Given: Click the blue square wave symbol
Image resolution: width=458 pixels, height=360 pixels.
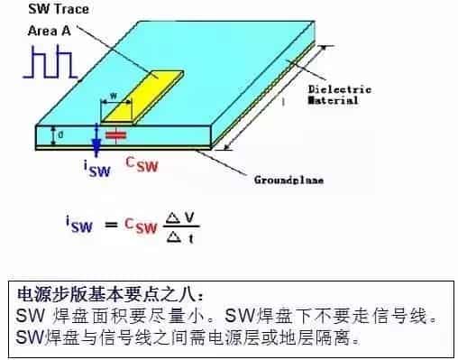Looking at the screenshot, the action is [51, 60].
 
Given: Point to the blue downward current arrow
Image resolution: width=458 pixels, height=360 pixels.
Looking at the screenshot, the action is [97, 141].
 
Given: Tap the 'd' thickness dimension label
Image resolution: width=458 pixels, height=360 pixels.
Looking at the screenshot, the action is [60, 136].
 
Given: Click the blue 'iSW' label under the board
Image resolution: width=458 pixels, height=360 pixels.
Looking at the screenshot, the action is [96, 167].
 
